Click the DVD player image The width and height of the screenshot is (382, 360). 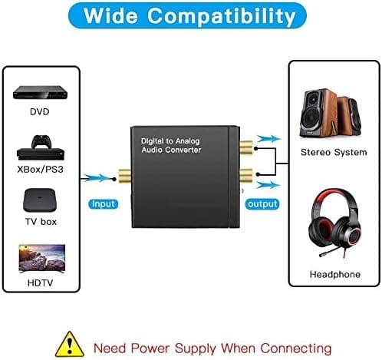40,92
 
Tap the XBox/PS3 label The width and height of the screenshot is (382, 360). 40,170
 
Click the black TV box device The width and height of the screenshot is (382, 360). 40,200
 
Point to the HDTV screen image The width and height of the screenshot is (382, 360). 42,259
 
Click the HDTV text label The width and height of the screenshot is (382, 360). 40,283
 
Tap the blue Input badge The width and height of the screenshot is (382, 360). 104,204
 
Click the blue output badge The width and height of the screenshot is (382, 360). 262,204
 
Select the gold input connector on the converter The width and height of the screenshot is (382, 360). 124,176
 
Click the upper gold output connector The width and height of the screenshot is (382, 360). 246,148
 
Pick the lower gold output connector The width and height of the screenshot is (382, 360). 246,175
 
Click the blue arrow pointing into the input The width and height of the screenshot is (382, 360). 98,178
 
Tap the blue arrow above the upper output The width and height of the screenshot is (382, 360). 269,139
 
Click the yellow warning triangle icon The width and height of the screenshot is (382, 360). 70,345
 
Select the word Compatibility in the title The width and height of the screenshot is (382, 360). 222,16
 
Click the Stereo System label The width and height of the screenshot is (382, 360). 334,152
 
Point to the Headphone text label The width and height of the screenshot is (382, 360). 335,274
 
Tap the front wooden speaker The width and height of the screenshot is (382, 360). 318,113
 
